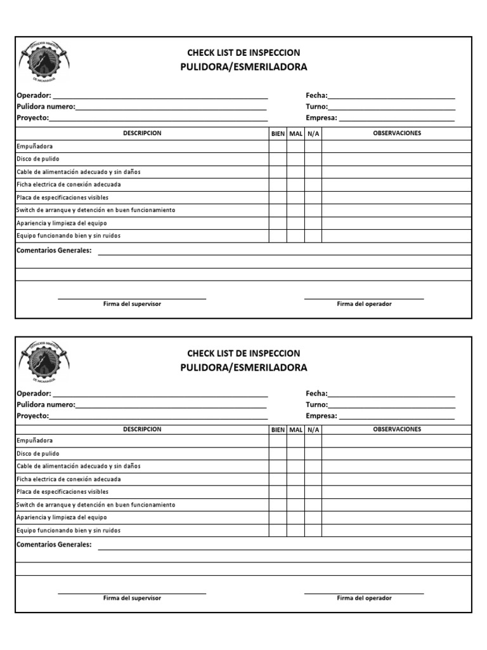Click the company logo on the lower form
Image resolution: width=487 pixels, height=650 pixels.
point(44,357)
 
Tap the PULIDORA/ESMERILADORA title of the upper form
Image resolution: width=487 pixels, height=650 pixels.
point(243,67)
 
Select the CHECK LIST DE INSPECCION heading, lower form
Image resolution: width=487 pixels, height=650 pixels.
point(243,353)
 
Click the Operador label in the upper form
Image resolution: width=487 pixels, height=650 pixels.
point(34,96)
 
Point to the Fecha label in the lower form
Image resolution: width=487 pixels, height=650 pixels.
point(316,394)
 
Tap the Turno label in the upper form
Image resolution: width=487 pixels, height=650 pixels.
point(316,107)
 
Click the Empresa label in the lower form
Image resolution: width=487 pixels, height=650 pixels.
point(321,416)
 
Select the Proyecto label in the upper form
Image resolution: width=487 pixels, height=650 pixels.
point(32,118)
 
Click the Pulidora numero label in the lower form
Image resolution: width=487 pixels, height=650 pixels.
point(46,404)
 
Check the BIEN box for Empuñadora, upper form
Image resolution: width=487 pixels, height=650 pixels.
point(278,147)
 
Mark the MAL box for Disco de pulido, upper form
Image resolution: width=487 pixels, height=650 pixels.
point(295,159)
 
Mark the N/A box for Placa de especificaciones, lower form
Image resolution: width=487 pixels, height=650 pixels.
point(313,492)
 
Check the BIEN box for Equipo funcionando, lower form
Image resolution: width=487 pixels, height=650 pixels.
point(278,530)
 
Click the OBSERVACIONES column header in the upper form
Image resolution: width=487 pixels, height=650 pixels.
point(397,133)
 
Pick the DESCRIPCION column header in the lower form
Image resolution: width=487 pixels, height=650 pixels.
point(142,429)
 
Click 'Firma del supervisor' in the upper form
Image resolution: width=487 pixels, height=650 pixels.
point(132,304)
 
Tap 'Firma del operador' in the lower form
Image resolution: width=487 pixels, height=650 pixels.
point(364,598)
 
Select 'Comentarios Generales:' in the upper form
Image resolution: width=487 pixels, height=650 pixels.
point(54,251)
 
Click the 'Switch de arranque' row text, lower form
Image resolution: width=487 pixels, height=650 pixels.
point(95,505)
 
